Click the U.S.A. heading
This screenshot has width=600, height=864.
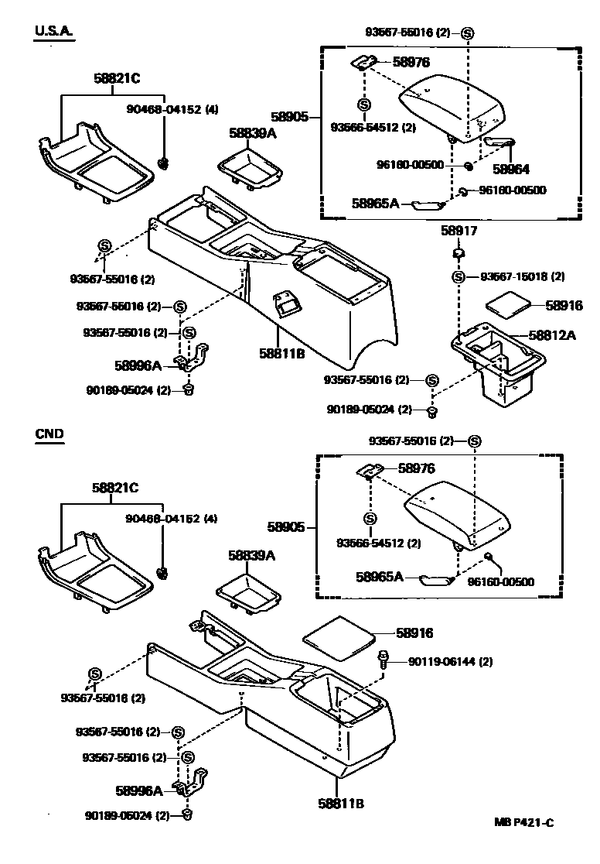click(x=53, y=31)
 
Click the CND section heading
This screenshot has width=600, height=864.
click(x=49, y=434)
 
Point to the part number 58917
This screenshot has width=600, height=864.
click(x=459, y=231)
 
